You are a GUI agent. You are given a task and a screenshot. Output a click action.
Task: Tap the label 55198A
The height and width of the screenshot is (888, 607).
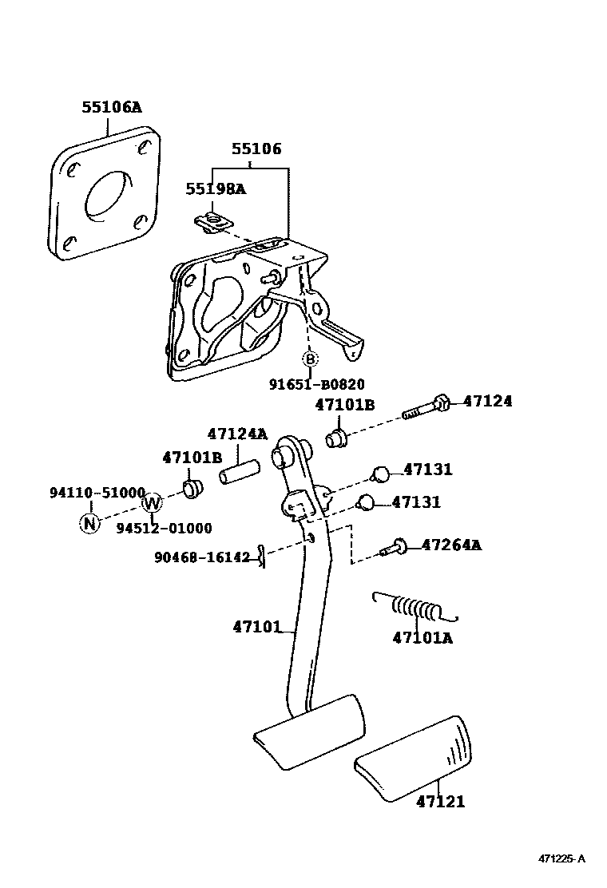[x=216, y=189]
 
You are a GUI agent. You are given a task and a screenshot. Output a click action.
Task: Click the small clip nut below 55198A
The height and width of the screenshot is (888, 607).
[x=212, y=222]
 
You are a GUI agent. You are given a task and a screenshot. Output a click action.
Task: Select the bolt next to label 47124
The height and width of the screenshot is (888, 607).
[x=427, y=406]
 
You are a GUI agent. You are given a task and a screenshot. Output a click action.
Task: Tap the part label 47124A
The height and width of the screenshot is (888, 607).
[x=237, y=434]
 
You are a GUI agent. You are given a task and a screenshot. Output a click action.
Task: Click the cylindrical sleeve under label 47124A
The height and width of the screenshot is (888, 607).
[x=236, y=470]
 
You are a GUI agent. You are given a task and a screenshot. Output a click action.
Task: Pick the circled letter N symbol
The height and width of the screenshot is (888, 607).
[x=89, y=524]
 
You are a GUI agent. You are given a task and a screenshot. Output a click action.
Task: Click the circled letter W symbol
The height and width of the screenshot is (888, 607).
[x=152, y=503]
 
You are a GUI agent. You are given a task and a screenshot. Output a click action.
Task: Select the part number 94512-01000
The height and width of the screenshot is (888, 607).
[x=164, y=528]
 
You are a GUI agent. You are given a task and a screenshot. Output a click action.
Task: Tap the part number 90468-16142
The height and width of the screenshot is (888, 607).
[x=202, y=557]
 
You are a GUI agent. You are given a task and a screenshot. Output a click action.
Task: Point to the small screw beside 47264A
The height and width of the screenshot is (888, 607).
[x=392, y=549]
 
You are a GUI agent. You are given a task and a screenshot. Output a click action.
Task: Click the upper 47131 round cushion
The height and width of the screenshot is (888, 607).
[x=381, y=474]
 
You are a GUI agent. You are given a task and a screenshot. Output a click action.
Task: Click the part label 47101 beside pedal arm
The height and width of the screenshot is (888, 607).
[x=257, y=628]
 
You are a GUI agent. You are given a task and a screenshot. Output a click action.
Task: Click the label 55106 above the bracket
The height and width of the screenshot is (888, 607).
[x=256, y=149]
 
